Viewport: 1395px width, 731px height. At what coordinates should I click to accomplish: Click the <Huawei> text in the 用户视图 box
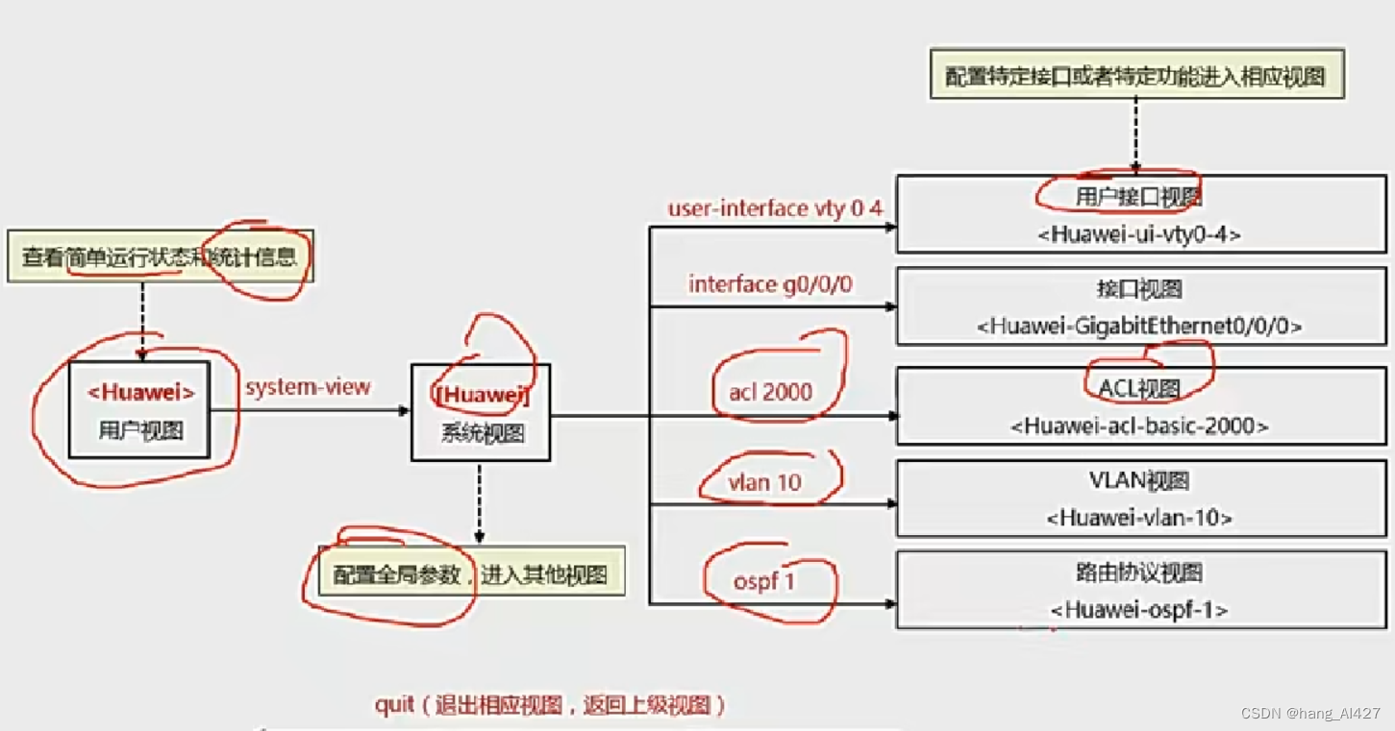click(x=141, y=392)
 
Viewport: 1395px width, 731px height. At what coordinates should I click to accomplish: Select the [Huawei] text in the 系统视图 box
click(x=482, y=395)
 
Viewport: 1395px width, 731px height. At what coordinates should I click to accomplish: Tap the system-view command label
click(x=308, y=387)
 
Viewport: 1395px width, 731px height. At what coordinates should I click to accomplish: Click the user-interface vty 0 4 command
click(x=775, y=208)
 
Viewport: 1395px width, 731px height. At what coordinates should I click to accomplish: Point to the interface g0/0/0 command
click(x=770, y=284)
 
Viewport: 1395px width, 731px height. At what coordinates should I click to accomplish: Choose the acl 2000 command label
click(x=770, y=391)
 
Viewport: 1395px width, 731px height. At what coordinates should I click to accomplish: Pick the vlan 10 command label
click(x=765, y=482)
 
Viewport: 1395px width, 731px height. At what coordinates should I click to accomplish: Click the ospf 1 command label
click(x=764, y=581)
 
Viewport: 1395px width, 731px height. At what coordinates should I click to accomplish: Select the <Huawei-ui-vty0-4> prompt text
click(x=1139, y=233)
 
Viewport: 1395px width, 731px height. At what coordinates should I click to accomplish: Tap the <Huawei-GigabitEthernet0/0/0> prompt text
click(x=1139, y=327)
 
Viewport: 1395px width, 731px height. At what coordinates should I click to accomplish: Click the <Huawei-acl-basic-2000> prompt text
click(x=1139, y=425)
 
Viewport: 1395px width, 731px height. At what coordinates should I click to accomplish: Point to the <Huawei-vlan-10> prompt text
click(x=1139, y=518)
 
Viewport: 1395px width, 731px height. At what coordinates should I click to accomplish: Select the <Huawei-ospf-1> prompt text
click(x=1139, y=610)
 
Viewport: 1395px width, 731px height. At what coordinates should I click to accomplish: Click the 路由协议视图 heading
click(x=1139, y=573)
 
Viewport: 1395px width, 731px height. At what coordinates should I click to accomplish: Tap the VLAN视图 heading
click(x=1139, y=480)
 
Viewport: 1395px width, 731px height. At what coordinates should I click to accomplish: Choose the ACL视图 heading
click(x=1139, y=388)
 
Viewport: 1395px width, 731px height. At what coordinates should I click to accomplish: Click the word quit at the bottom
click(x=394, y=706)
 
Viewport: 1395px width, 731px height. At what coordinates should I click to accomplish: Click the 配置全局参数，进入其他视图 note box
click(x=471, y=575)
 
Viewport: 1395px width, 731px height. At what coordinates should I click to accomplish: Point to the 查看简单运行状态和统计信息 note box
click(x=160, y=256)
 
